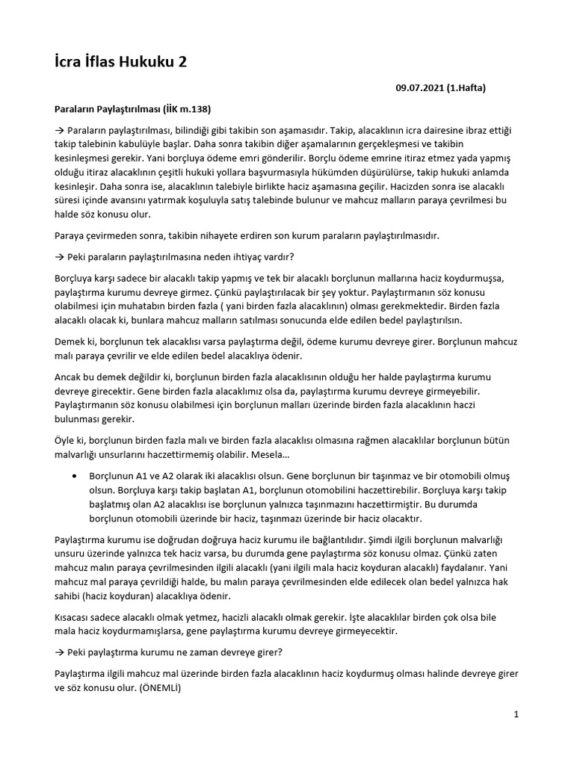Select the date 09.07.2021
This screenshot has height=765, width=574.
click(420, 88)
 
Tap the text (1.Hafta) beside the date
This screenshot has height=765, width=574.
click(466, 88)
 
